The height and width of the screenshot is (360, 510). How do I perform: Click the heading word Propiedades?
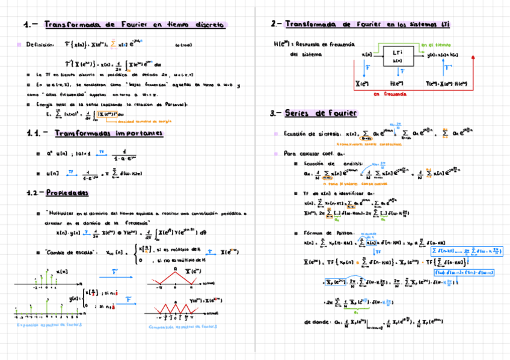tap(67, 193)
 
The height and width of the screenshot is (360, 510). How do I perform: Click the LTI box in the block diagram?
tap(397, 55)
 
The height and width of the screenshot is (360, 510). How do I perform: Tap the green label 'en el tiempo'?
tap(435, 44)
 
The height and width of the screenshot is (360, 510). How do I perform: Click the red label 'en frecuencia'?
tap(389, 94)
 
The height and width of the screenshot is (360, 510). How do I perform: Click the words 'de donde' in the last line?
tap(316, 322)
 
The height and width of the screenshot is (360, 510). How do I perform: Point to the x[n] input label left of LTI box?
tap(367, 55)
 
